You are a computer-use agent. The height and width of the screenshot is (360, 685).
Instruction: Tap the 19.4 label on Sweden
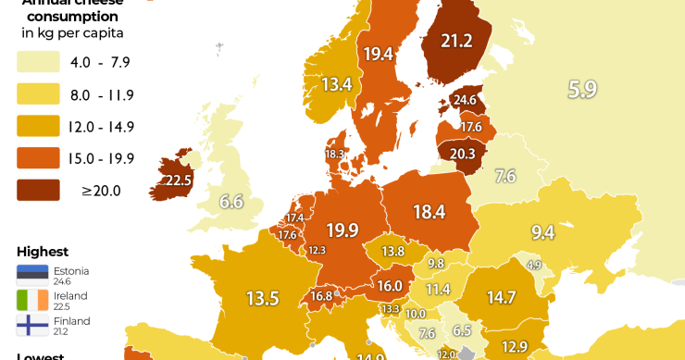(378, 54)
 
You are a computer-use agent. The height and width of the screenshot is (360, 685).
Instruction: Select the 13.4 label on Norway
(337, 84)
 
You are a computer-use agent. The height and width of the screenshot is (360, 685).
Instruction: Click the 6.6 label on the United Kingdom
(230, 201)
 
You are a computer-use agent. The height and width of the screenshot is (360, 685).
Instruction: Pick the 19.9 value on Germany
(342, 230)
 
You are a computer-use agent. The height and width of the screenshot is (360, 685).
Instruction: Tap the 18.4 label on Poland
(429, 212)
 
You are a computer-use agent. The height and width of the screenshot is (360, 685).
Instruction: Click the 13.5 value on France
(262, 298)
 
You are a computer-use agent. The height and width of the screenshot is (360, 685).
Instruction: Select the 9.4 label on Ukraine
(542, 232)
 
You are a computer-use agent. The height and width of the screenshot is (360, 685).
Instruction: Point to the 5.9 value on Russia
(582, 90)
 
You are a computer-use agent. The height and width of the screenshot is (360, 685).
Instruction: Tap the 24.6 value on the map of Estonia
(464, 100)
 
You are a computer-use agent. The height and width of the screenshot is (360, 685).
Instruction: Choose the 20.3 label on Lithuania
(462, 154)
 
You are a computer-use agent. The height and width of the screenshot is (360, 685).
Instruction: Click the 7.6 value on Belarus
(505, 176)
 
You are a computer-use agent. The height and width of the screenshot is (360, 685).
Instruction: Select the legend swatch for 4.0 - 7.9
(38, 63)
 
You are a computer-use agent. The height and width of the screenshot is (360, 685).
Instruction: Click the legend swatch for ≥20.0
(38, 191)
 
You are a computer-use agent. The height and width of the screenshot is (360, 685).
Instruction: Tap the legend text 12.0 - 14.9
(103, 127)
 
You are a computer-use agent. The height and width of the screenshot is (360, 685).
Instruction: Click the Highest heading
(43, 252)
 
